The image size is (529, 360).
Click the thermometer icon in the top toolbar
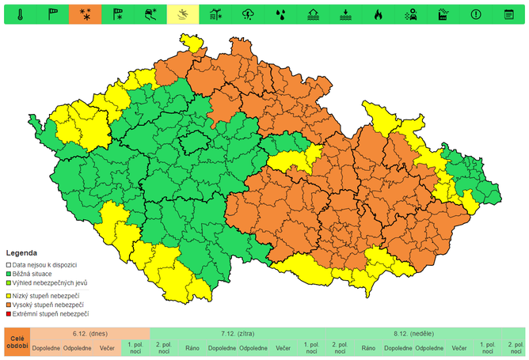click(x=20, y=13)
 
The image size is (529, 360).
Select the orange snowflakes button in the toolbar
click(x=85, y=13)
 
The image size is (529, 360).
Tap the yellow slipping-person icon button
click(x=182, y=13)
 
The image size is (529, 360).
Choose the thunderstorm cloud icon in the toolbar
click(x=248, y=13)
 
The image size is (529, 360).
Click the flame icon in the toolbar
click(x=378, y=13)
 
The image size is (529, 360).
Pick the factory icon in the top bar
click(x=443, y=13)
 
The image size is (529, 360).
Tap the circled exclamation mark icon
click(x=475, y=13)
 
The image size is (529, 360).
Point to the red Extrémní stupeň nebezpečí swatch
click(x=9, y=314)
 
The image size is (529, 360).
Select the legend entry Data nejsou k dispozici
click(x=44, y=264)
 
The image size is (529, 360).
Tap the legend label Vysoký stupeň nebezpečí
click(x=48, y=305)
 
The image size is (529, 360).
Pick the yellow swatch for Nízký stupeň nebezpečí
click(x=9, y=295)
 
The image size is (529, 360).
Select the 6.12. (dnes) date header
click(x=89, y=334)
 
